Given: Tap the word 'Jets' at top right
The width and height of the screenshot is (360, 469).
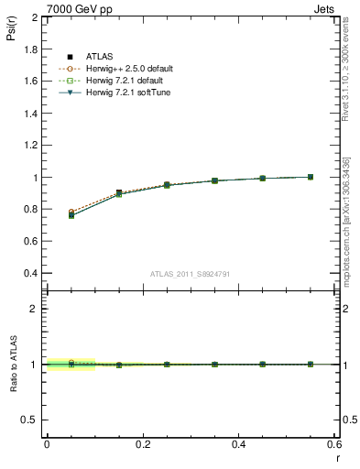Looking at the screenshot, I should click(x=326, y=8).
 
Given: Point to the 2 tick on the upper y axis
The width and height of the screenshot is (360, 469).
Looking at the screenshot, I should click(x=33, y=17).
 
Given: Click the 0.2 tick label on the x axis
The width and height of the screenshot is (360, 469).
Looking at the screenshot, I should click(x=142, y=443).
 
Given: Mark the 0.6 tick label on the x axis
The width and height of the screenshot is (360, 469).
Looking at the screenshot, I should click(x=334, y=443).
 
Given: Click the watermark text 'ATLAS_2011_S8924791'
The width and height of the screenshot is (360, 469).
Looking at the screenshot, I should click(x=190, y=274).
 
